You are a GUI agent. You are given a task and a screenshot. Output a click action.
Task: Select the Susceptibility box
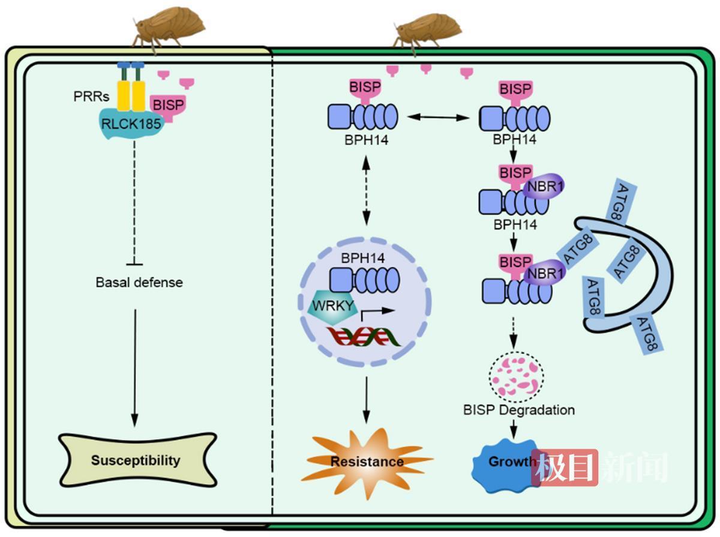coord(136,460)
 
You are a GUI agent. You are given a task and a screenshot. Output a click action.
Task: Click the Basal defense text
coord(139,282)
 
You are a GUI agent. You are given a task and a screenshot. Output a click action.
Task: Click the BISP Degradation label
coord(519,410)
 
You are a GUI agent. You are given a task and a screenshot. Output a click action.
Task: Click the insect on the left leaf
coord(169,27)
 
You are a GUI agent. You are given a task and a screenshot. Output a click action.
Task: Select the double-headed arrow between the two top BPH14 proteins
coord(437,118)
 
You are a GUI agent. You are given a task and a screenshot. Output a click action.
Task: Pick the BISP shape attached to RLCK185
coord(169,107)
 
